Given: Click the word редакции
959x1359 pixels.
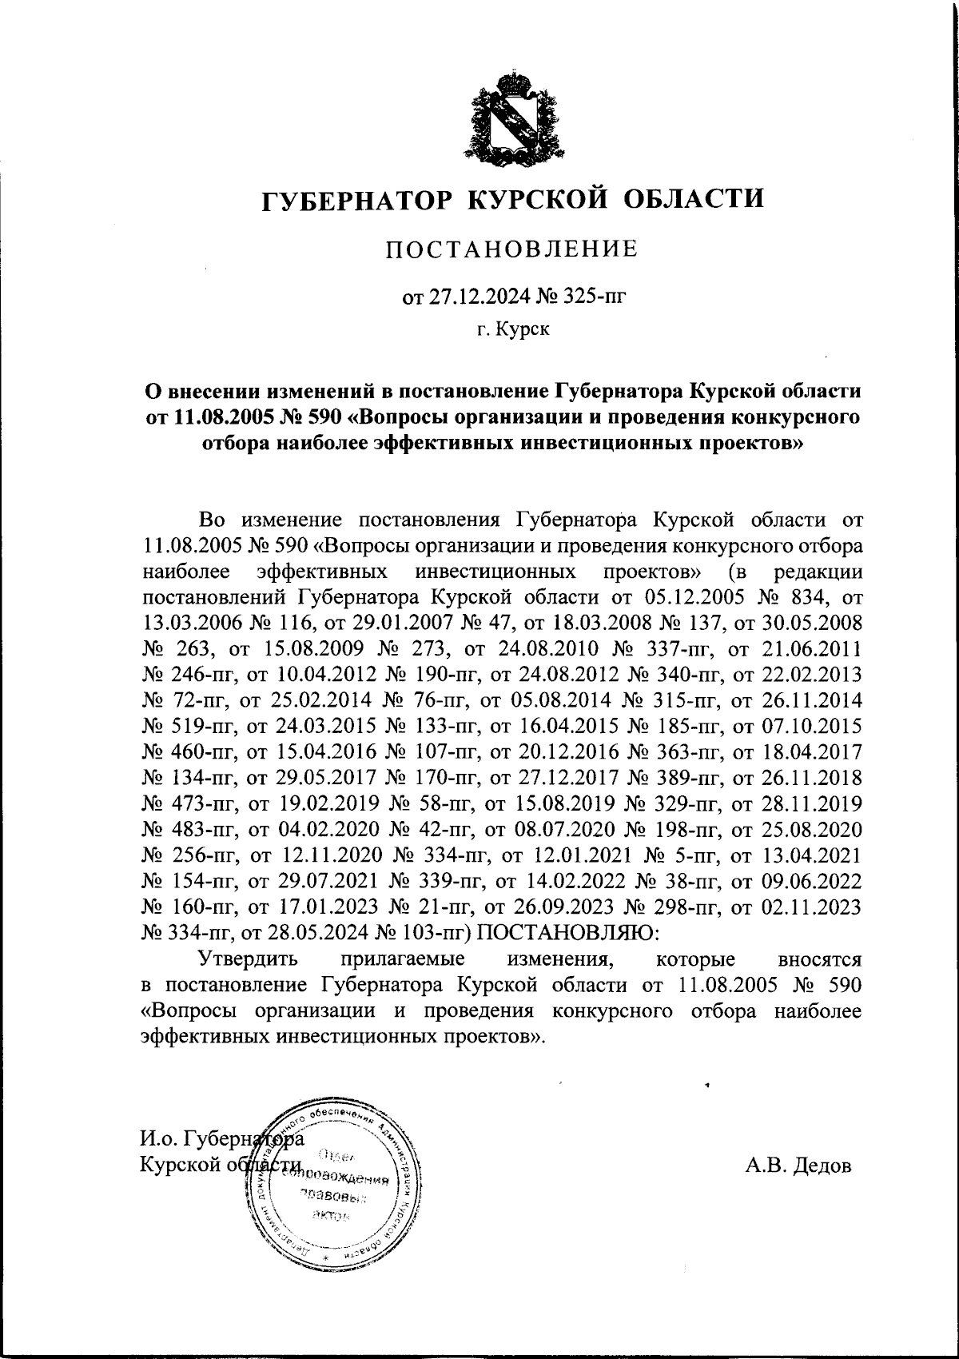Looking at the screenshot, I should (819, 572).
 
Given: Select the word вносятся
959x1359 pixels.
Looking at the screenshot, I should (819, 958).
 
